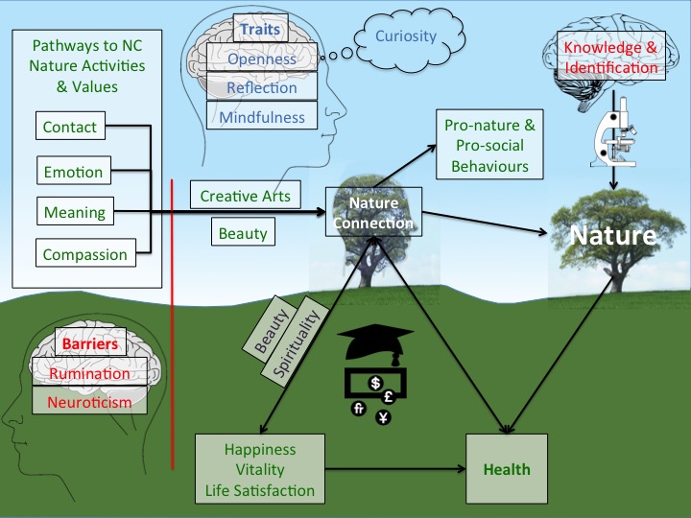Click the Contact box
tap(69, 127)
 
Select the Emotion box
tap(73, 172)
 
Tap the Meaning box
tap(73, 211)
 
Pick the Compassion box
tap(84, 254)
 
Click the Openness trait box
tap(262, 58)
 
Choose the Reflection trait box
tap(262, 87)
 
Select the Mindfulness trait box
tap(262, 118)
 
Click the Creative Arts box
tap(246, 197)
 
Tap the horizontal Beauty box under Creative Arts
tap(243, 232)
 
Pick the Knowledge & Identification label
tap(610, 58)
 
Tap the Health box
tap(506, 469)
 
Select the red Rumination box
tap(91, 373)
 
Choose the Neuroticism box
tap(90, 403)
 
